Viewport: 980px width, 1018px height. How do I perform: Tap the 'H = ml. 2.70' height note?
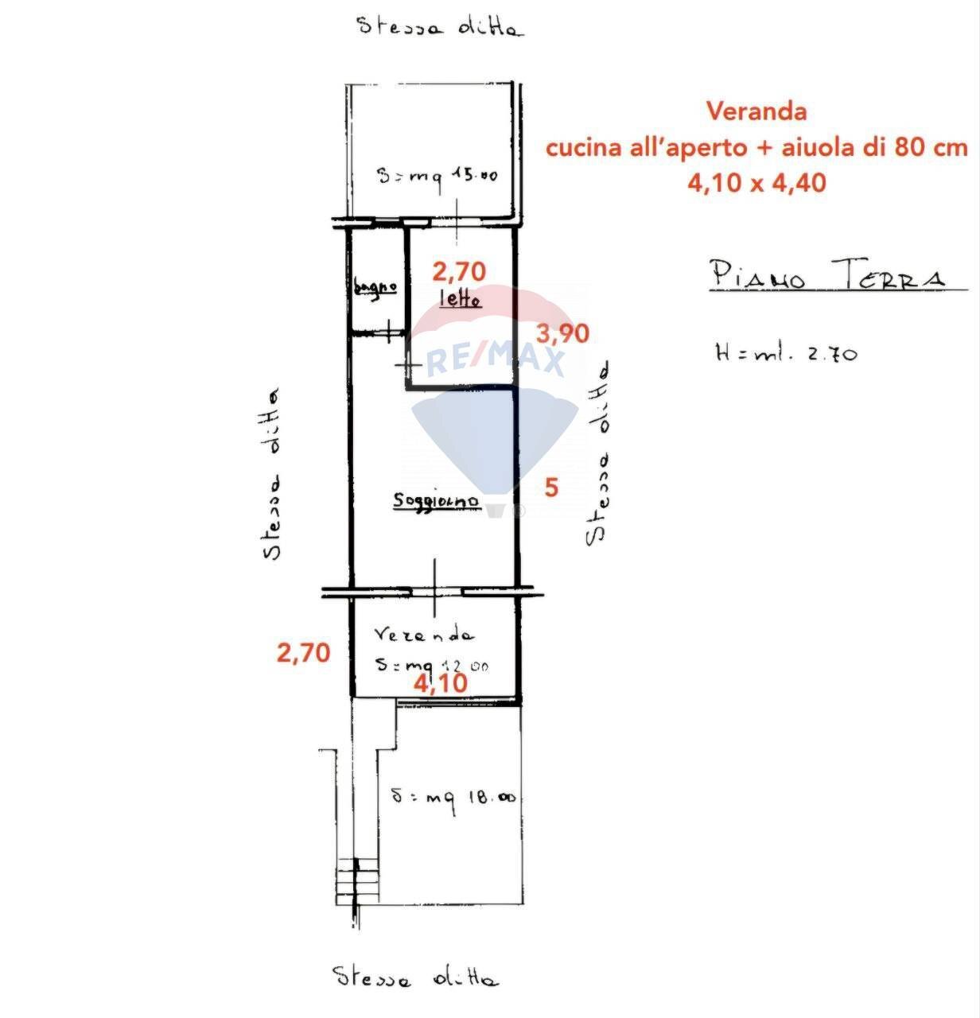[786, 352]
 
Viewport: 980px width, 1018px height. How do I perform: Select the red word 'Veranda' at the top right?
[756, 111]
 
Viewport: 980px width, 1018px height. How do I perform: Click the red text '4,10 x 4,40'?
[756, 183]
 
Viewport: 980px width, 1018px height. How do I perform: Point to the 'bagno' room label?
[375, 286]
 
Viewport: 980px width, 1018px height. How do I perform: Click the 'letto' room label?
[460, 300]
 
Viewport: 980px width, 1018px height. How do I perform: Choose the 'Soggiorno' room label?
[437, 501]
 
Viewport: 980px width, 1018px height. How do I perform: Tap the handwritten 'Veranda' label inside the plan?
[424, 635]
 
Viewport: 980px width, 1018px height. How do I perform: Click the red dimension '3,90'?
[563, 333]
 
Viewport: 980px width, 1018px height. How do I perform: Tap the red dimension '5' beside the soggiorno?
[551, 487]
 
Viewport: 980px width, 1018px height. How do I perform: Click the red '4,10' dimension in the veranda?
[440, 682]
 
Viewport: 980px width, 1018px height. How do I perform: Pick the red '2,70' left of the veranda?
[302, 653]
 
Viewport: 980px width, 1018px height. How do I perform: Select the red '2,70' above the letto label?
[458, 272]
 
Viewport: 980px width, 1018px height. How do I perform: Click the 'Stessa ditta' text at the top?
[440, 27]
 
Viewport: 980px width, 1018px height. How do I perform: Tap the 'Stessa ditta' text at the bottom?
[415, 977]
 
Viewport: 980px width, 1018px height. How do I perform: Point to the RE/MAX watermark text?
[495, 360]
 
